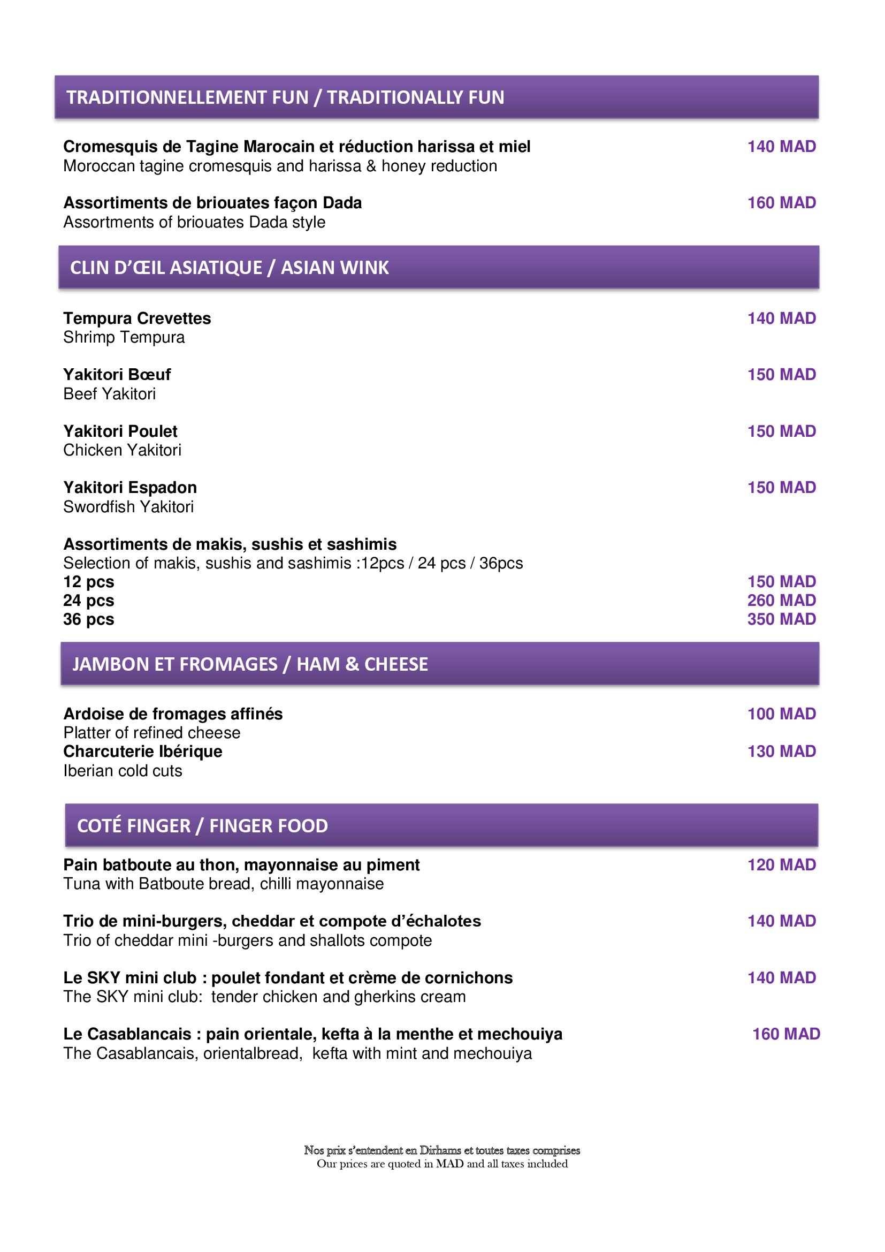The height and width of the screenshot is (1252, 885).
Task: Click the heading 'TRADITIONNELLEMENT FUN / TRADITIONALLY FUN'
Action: (285, 97)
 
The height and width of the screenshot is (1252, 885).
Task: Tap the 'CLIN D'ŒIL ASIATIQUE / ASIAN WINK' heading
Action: (230, 268)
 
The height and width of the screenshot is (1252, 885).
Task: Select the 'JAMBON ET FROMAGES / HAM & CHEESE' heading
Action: (250, 664)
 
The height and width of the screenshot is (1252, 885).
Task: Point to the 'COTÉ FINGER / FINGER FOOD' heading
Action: (202, 825)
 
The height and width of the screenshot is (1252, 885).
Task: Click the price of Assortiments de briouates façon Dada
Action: (781, 203)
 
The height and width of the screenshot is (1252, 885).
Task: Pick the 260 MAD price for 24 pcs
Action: (781, 601)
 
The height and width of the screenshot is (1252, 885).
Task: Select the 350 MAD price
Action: (781, 619)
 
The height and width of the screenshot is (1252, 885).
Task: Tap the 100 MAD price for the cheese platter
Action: (781, 714)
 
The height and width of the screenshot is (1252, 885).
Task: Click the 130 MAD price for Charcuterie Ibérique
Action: (781, 752)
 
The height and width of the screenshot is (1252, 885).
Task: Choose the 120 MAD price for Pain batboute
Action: (781, 865)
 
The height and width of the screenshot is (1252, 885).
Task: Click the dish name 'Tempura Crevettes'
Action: (137, 318)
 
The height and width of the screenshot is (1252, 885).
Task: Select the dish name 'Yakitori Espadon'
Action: (129, 488)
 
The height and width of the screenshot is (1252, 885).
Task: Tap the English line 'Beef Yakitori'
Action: (110, 394)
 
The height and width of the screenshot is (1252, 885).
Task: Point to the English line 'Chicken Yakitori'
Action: (122, 450)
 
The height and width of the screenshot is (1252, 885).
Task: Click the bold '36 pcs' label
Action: (89, 619)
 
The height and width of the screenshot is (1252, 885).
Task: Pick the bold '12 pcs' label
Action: (89, 582)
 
